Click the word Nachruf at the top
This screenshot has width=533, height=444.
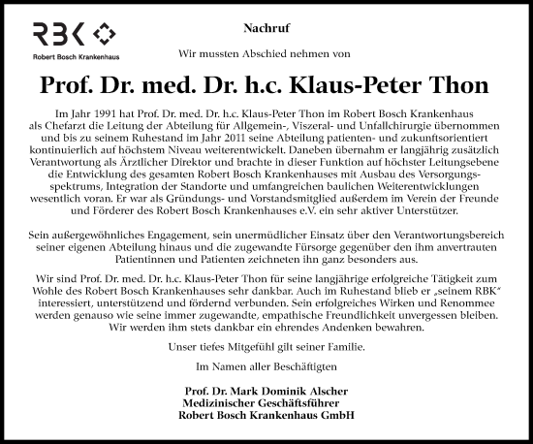pos(266,33)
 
